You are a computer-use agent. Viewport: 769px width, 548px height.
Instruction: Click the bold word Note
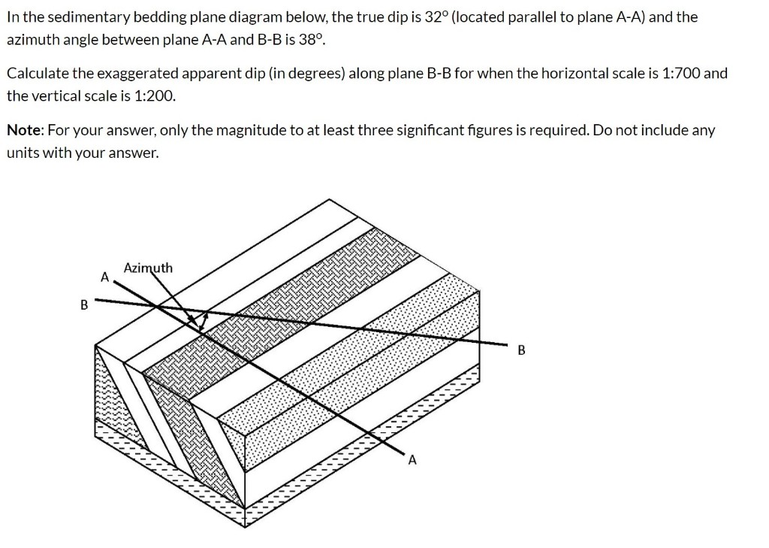click(24, 131)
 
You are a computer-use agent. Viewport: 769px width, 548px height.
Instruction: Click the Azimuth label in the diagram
click(148, 268)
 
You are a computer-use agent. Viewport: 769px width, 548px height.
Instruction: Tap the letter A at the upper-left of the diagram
click(105, 277)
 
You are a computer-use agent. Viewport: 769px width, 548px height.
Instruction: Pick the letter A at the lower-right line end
click(412, 460)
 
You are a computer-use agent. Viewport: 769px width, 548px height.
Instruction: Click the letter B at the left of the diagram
click(84, 305)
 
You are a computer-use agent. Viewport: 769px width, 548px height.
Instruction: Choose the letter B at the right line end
click(522, 351)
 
